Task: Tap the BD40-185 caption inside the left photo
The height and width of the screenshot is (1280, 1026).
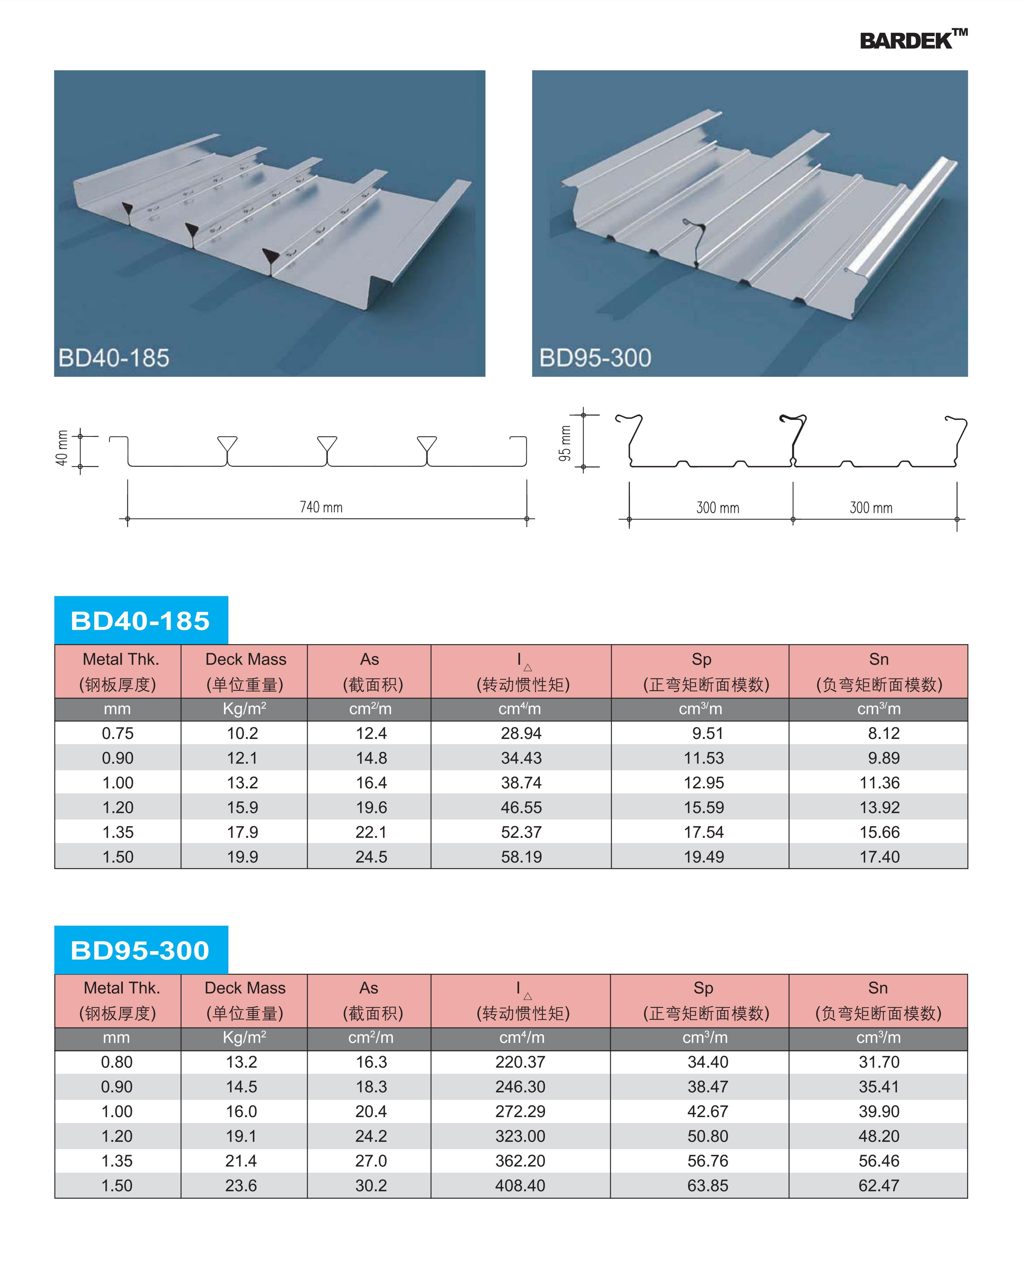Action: (114, 358)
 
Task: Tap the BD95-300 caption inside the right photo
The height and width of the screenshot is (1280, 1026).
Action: (595, 358)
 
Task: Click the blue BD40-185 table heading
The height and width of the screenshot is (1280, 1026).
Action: (141, 620)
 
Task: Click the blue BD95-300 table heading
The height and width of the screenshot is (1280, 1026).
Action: (141, 950)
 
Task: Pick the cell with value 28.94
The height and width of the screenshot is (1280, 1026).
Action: (521, 733)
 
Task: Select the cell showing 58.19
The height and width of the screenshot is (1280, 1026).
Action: (521, 857)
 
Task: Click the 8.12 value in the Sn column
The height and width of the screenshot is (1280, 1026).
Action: (884, 733)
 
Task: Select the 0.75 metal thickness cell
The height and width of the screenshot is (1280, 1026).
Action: (118, 733)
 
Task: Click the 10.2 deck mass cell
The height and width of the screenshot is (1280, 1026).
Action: (242, 733)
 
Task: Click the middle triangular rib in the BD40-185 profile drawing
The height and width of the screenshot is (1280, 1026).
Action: (327, 445)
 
